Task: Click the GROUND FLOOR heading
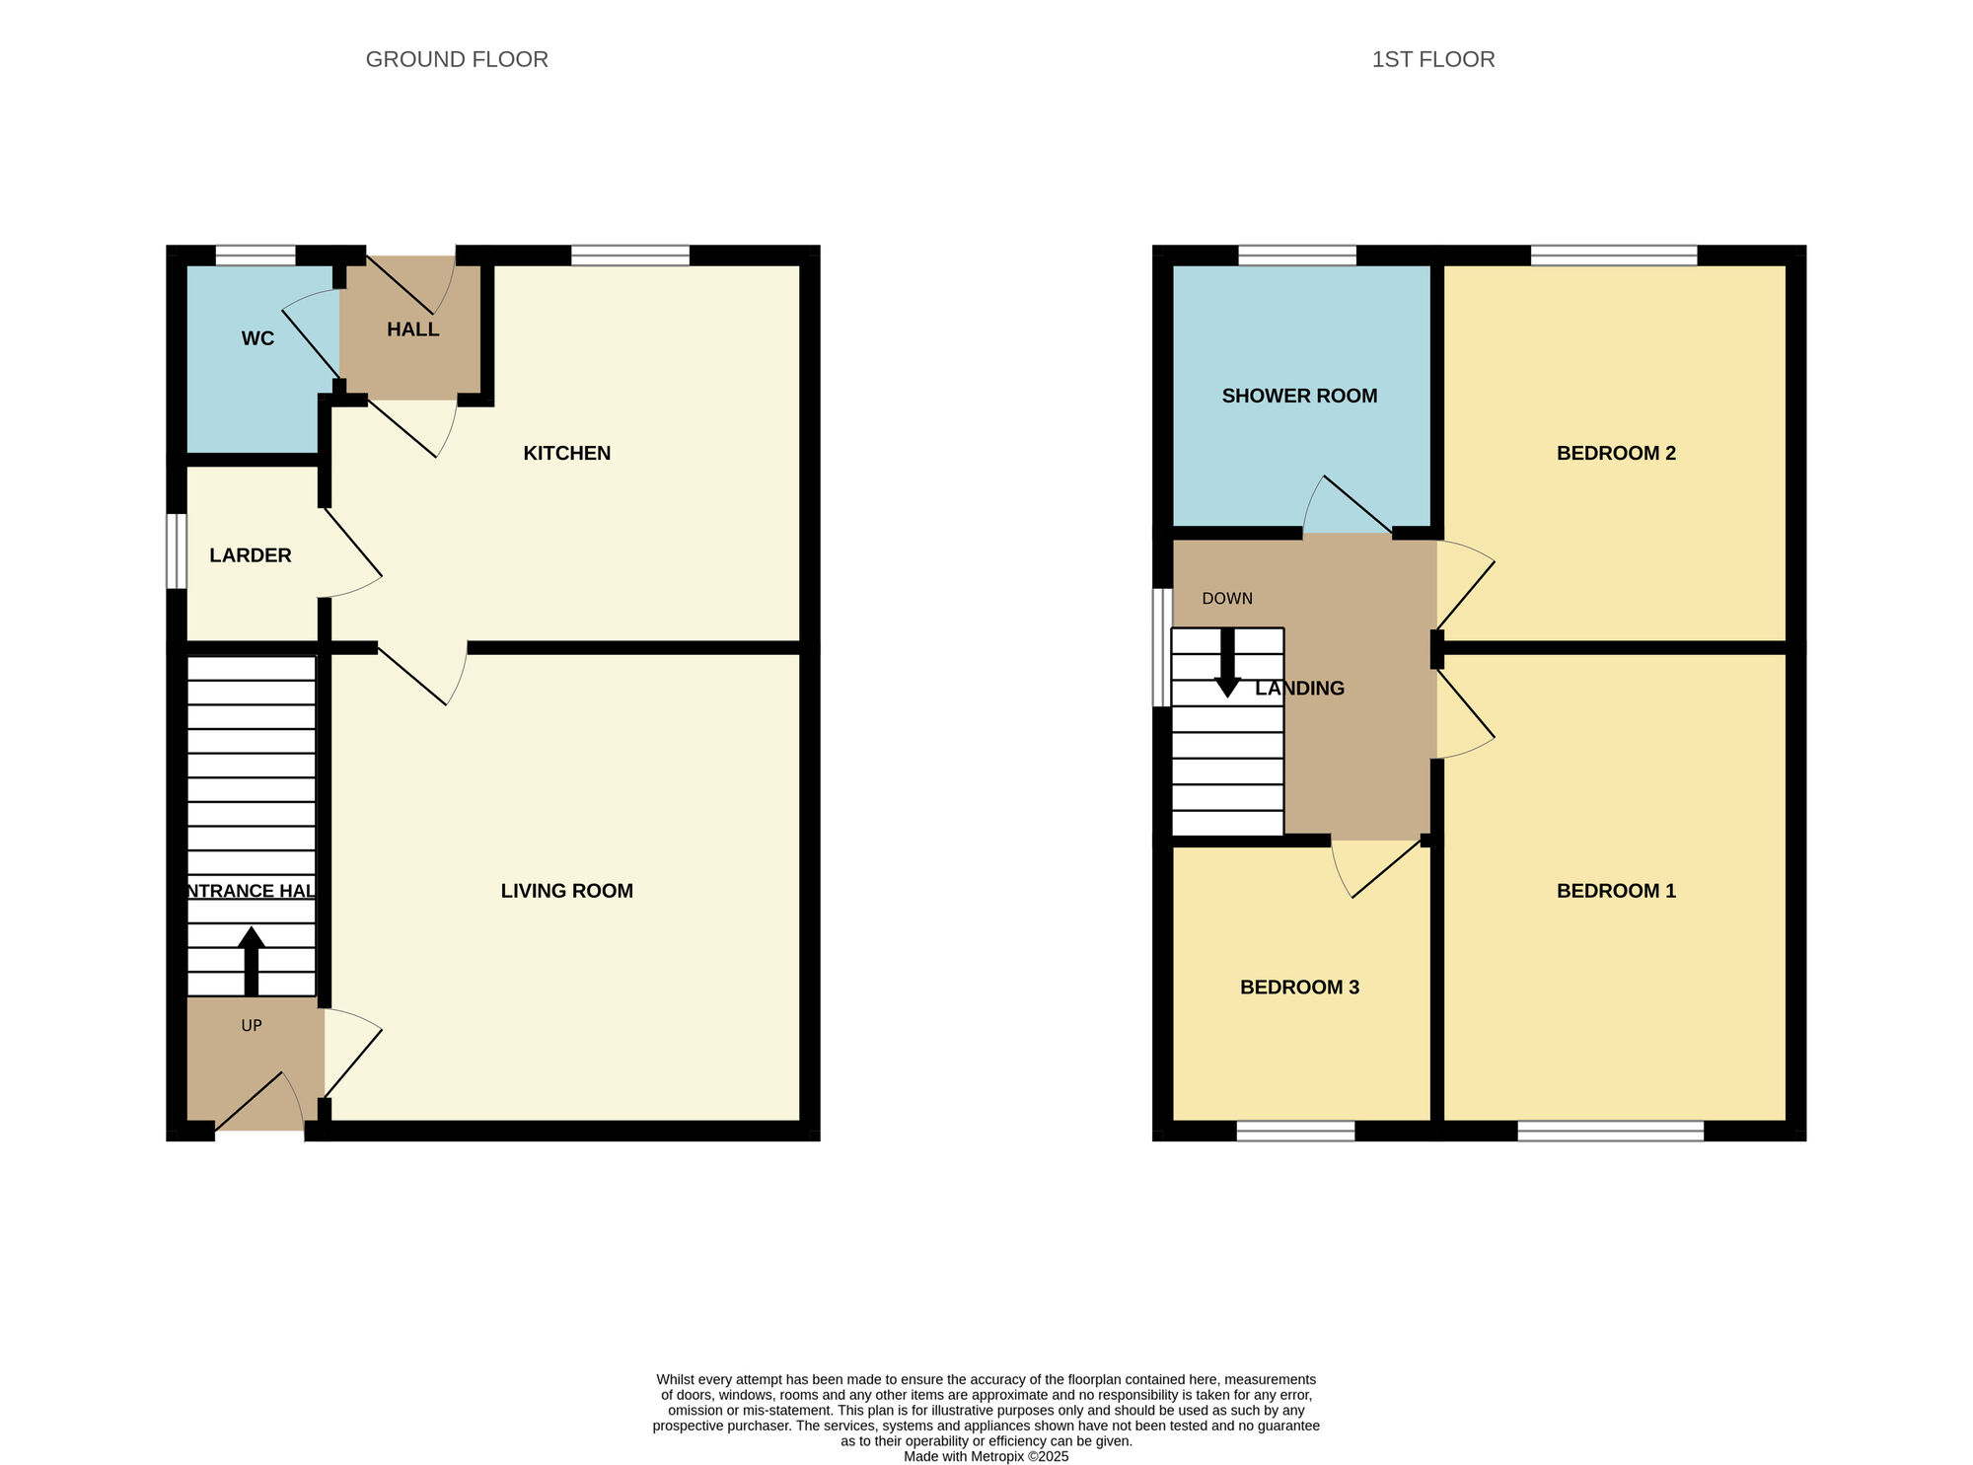457,59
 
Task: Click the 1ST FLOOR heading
1432,59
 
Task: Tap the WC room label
257,338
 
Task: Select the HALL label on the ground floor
412,330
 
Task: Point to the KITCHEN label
566,453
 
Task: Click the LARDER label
251,555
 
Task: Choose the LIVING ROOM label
566,891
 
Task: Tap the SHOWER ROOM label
1299,396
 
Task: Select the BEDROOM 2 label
1616,453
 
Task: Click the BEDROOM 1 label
1616,891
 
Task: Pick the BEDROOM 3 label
1299,988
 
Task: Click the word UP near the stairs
252,1026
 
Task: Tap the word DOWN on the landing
1227,599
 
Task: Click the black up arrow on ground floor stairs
252,961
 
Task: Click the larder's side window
176,550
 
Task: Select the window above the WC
256,256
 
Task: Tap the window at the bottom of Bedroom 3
1295,1132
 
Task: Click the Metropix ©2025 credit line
986,1456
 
